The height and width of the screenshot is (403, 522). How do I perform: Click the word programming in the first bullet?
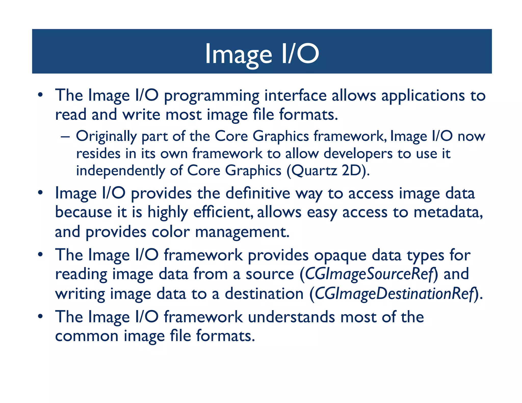[x=211, y=96]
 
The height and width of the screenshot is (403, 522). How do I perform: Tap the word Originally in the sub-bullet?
[x=106, y=136]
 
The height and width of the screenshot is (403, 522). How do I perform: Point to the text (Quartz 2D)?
[x=328, y=171]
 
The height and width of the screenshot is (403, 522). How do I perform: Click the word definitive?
[x=258, y=193]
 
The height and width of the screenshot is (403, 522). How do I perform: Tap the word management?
[x=242, y=232]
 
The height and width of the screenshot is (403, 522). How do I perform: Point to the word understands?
[x=291, y=317]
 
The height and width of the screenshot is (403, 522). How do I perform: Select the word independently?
[x=121, y=171]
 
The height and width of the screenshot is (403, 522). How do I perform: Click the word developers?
[x=358, y=154]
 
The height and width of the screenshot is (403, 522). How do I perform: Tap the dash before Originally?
[x=65, y=136]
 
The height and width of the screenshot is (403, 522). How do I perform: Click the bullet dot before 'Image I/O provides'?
[x=40, y=193]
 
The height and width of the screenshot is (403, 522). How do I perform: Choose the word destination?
[x=264, y=294]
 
